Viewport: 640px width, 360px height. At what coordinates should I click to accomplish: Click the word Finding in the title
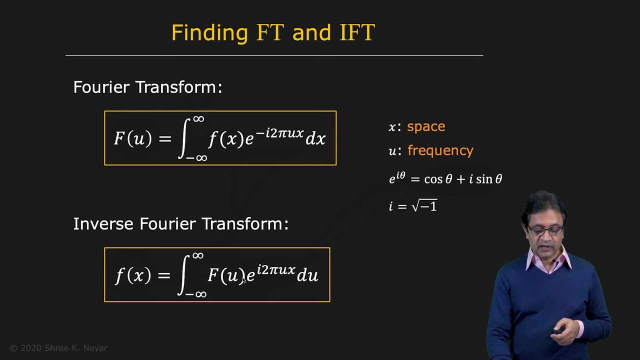pos(209,33)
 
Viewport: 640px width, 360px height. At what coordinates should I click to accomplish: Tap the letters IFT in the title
pos(357,32)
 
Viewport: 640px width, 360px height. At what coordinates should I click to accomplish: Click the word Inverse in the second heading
pos(103,223)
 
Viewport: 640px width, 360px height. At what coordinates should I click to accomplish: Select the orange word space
pos(426,126)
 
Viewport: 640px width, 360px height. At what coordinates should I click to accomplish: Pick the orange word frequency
pos(440,150)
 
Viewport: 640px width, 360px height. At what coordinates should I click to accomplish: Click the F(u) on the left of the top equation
pos(132,139)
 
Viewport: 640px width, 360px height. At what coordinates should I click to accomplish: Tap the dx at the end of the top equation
pos(315,138)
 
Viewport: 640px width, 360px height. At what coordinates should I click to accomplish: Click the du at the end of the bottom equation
pos(307,275)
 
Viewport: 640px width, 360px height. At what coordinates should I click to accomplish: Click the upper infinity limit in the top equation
pos(198,118)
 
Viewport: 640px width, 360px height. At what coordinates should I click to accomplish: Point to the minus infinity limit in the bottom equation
pos(196,294)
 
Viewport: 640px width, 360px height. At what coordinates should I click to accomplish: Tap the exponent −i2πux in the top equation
pos(279,133)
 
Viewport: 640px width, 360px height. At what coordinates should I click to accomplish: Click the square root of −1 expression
pos(424,205)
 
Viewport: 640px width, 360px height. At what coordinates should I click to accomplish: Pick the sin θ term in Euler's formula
pos(489,179)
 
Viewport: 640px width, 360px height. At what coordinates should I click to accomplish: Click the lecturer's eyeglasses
pos(545,229)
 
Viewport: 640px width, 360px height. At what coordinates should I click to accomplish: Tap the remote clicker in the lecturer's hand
pos(557,331)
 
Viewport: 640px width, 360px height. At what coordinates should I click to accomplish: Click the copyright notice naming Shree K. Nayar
pos(58,348)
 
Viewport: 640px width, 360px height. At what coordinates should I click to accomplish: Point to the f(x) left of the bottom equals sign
pos(133,275)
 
